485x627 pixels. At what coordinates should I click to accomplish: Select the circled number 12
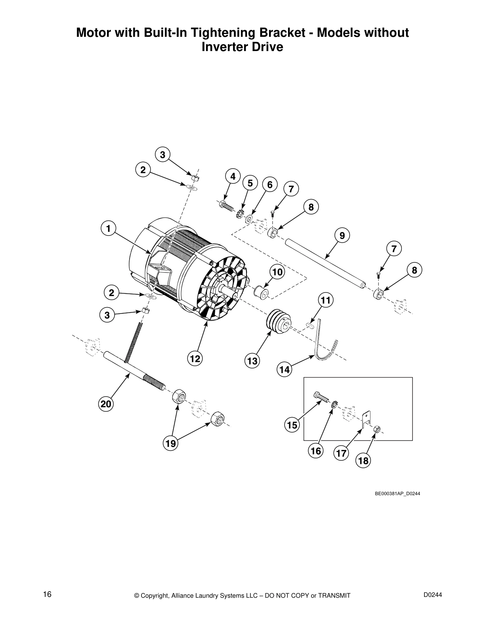click(x=195, y=359)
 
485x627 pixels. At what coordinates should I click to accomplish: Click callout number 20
click(x=106, y=404)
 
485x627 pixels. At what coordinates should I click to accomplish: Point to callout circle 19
click(x=171, y=444)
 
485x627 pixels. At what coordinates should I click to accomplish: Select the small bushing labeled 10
click(x=261, y=292)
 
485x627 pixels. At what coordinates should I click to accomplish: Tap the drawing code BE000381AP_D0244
click(x=397, y=494)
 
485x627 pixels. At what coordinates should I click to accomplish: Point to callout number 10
click(x=277, y=272)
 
